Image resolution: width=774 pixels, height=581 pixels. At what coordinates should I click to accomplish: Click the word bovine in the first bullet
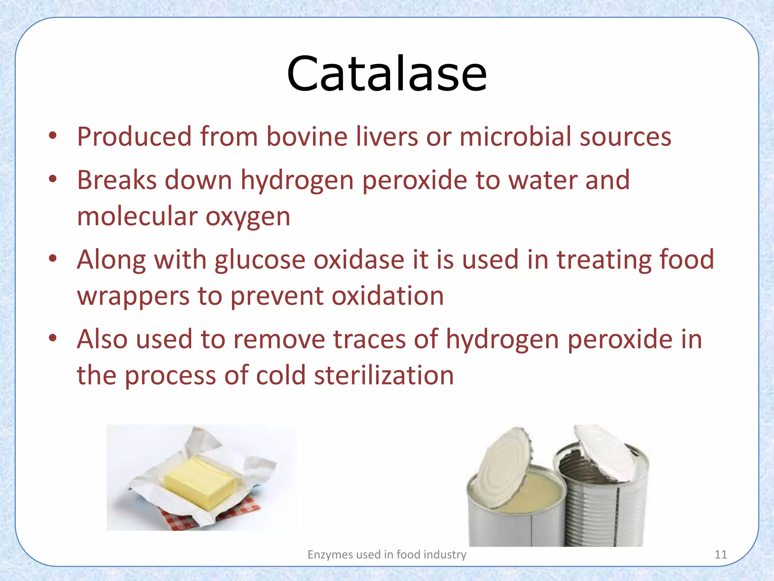point(307,137)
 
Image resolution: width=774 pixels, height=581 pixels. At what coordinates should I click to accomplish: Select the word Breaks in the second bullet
point(117,180)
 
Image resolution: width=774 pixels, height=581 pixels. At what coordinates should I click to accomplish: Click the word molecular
point(137,216)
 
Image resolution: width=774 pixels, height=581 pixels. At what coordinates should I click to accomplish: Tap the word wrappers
point(133,296)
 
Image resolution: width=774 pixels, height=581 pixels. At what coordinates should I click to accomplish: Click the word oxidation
point(388,296)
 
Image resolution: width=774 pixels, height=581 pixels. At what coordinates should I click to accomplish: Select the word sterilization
point(384,376)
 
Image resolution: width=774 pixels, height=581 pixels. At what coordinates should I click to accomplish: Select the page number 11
point(721,555)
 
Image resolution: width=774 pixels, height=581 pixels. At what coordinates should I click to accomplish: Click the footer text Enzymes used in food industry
point(387,555)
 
